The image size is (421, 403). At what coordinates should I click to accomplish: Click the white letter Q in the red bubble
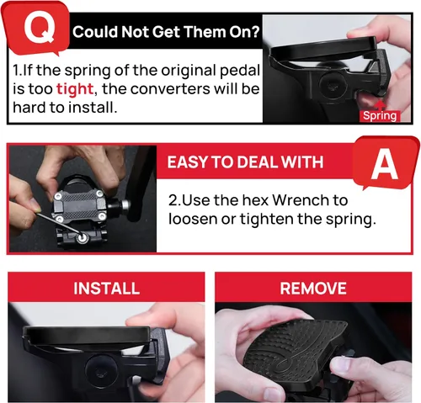click(x=40, y=27)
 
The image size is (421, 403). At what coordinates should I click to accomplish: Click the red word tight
click(x=75, y=89)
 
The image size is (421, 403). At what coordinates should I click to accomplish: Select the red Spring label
click(x=380, y=116)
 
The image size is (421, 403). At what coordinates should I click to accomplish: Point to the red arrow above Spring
click(x=380, y=105)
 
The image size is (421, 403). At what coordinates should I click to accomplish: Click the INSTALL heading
click(x=106, y=289)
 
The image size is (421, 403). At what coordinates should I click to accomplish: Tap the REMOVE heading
click(x=313, y=289)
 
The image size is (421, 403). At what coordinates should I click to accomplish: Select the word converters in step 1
click(x=170, y=89)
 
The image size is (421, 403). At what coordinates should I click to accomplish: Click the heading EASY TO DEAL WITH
click(x=245, y=162)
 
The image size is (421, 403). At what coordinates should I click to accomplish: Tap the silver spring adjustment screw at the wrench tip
click(x=83, y=238)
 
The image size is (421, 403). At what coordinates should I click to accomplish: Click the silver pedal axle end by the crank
click(x=125, y=205)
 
